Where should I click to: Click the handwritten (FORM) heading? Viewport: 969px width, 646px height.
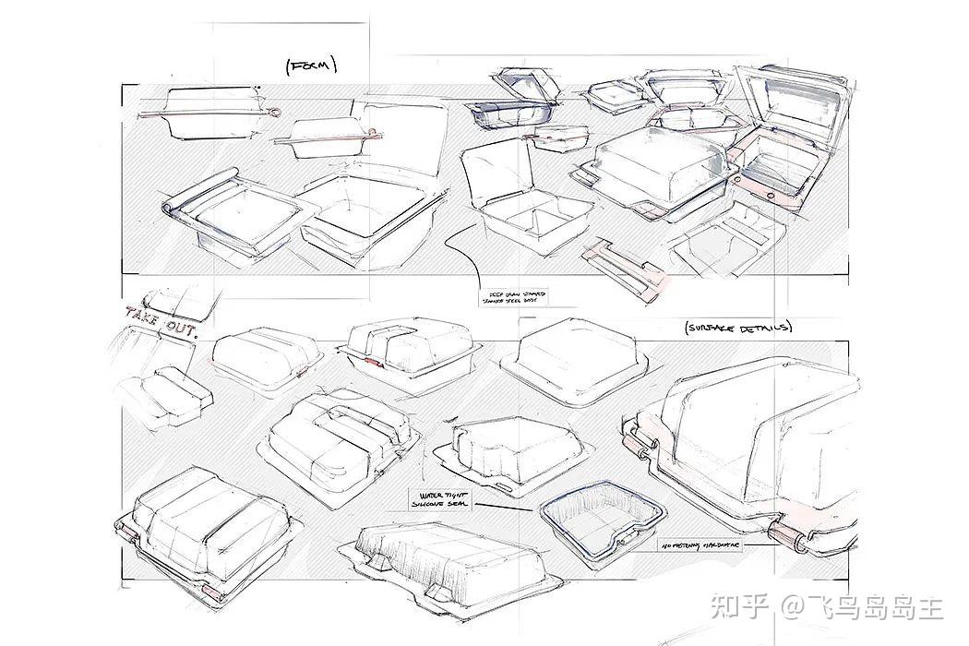(x=312, y=66)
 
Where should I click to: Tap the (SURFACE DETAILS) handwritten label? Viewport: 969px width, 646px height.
(x=739, y=328)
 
